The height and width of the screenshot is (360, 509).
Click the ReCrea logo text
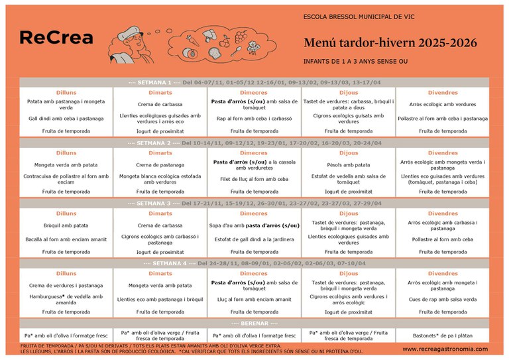(x=56, y=38)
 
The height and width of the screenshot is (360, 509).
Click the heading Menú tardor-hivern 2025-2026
(x=390, y=43)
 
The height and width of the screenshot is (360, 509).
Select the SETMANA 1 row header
(x=254, y=82)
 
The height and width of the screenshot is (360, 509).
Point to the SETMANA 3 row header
(x=254, y=203)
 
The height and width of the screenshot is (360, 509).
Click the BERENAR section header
(x=254, y=323)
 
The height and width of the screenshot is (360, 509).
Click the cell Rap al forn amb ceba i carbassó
(x=254, y=119)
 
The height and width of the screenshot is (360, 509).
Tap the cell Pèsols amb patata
(x=349, y=164)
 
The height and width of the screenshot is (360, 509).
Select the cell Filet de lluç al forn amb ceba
(x=254, y=179)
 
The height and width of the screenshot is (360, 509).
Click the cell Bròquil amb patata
(x=66, y=225)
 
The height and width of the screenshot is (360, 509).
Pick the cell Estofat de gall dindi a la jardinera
(x=254, y=239)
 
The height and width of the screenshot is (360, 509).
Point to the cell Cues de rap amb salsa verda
(x=442, y=299)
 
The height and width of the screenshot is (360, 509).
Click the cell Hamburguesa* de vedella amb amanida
(x=66, y=299)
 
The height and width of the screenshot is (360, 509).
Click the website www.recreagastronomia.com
(x=445, y=349)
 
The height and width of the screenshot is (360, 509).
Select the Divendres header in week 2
(x=442, y=153)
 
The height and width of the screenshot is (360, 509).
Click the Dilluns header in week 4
(x=66, y=273)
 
